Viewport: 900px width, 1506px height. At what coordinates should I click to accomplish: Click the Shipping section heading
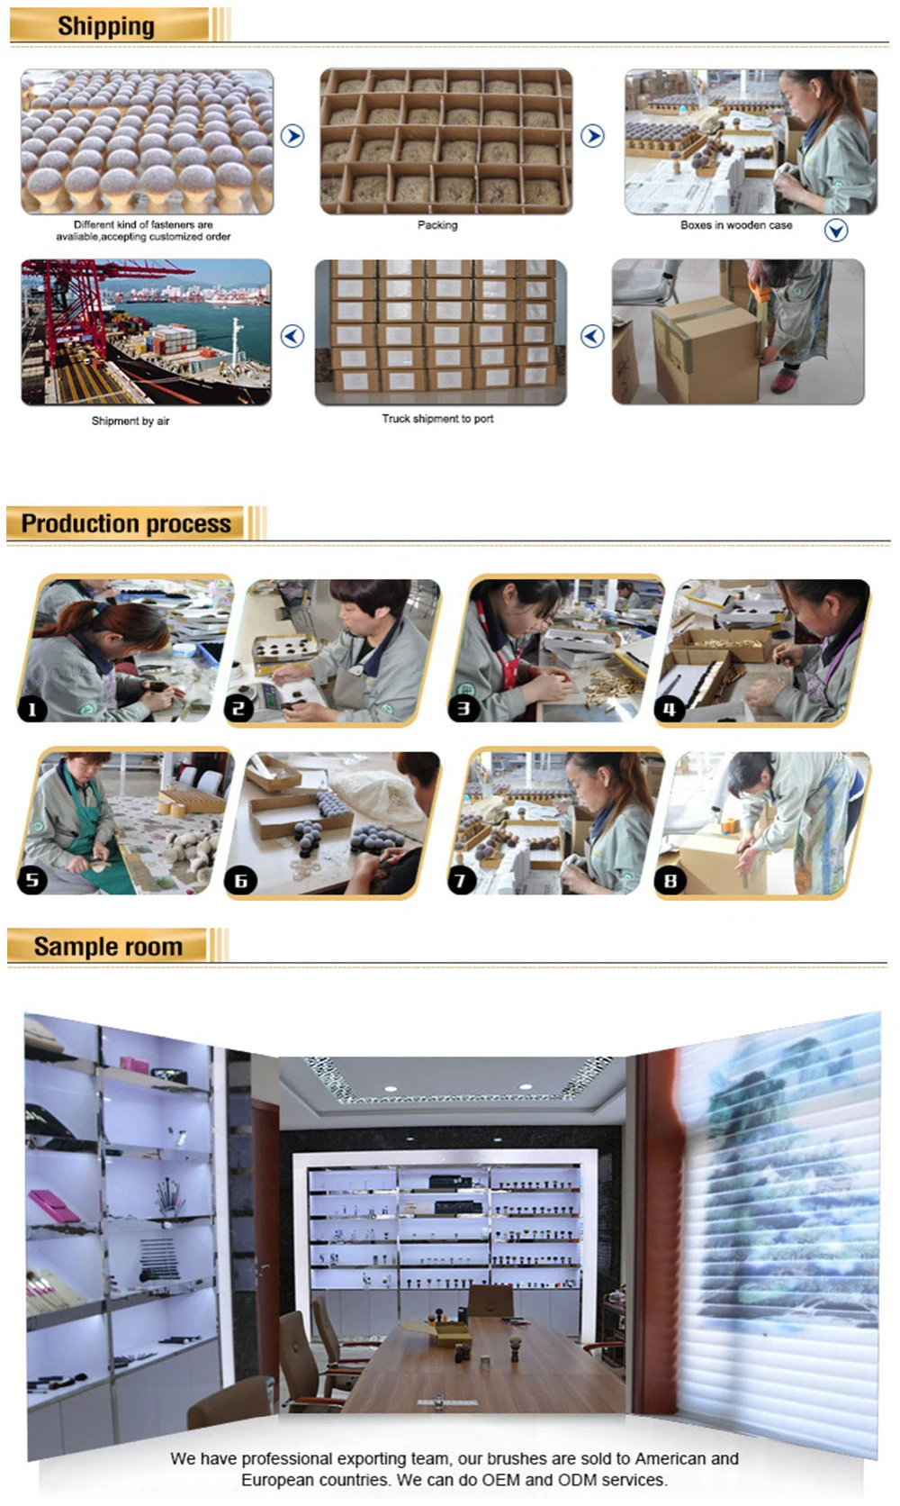pos(106,26)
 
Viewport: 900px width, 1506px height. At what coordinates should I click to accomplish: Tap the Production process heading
pos(126,523)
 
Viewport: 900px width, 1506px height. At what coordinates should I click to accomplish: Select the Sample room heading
pos(108,946)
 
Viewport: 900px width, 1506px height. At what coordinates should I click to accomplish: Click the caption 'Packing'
pos(437,225)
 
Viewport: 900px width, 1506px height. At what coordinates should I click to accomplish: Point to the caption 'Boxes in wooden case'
pos(736,225)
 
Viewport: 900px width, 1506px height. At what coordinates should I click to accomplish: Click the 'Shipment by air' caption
pos(130,421)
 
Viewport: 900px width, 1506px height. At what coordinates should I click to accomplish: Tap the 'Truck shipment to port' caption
pos(437,418)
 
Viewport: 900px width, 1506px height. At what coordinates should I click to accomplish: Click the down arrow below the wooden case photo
pos(835,231)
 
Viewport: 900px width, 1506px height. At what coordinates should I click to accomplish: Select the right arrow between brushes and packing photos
pos(292,136)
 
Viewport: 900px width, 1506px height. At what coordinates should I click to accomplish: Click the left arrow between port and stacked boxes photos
pos(292,335)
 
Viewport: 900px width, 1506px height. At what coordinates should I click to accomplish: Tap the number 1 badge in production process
pos(32,709)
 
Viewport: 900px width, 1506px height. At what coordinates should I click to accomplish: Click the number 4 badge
pos(670,709)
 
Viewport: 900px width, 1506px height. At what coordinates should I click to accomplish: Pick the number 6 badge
pos(240,880)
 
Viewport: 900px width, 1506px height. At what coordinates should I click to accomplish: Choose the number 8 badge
pos(670,880)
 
